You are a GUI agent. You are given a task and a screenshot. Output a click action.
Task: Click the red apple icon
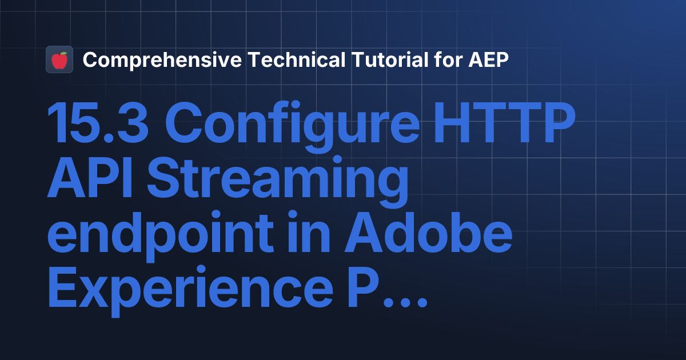[x=59, y=60]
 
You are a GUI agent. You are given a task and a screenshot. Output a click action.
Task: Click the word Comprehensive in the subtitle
[x=162, y=60]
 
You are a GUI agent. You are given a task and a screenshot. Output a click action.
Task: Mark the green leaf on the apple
[x=63, y=54]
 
